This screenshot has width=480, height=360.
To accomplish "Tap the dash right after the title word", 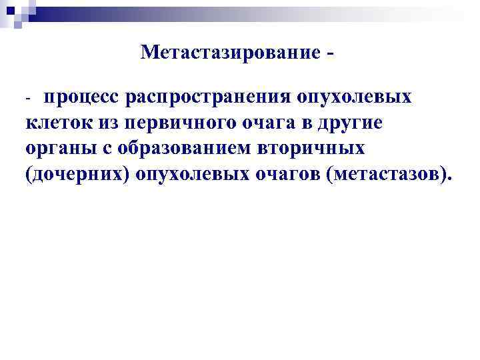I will [x=331, y=52].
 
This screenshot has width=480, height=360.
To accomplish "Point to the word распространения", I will [x=209, y=98].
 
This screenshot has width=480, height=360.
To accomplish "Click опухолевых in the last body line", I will [x=195, y=174].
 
